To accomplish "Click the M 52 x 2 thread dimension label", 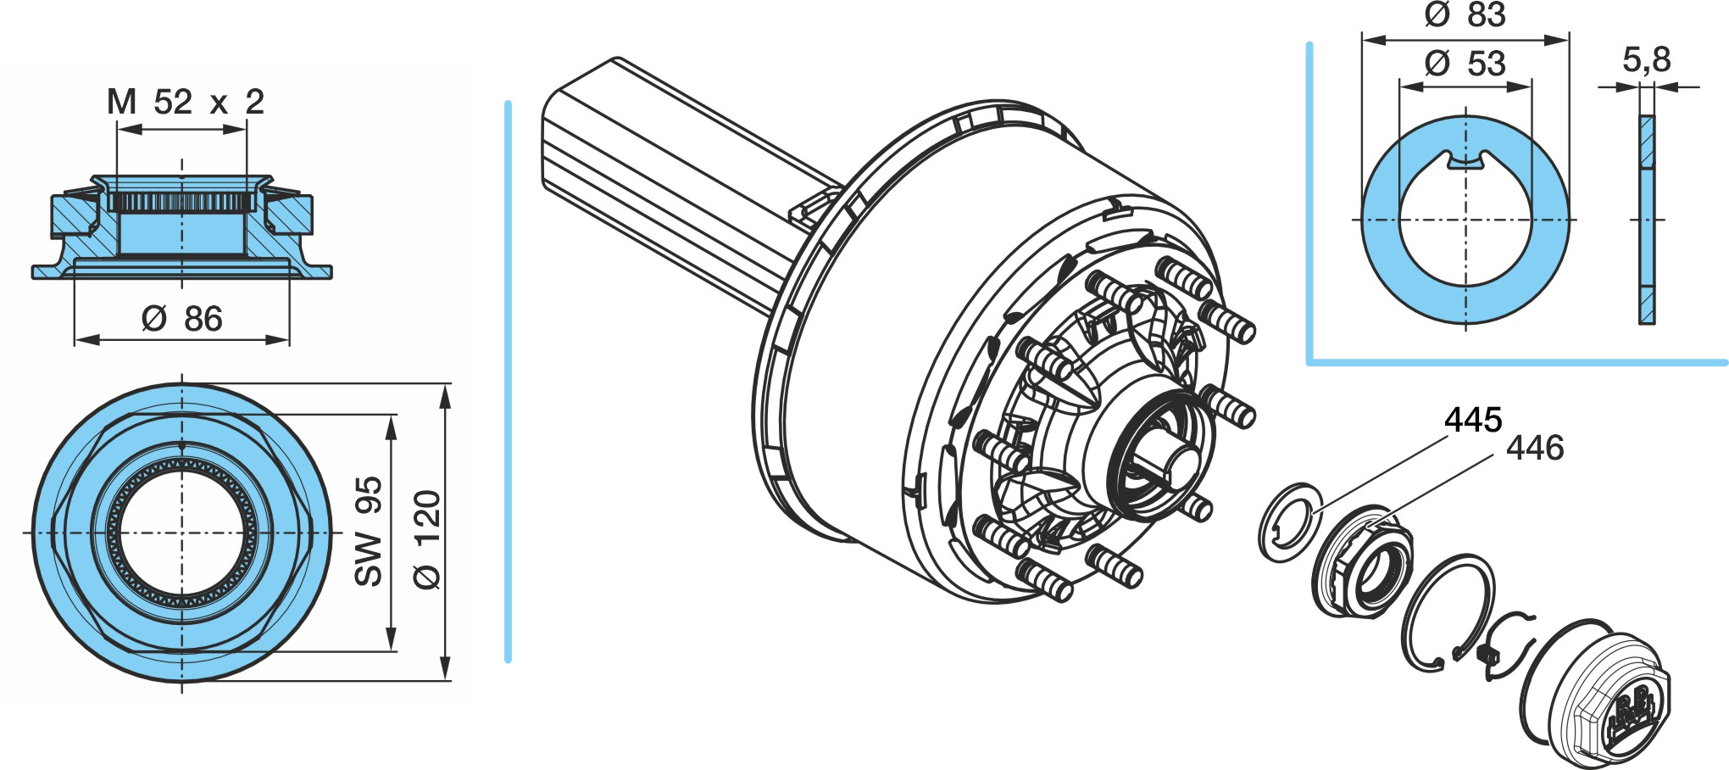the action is point(185,103).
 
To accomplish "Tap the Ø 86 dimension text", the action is point(182,319).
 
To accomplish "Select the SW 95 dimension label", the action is point(369,532).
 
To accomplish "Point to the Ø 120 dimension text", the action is point(427,538).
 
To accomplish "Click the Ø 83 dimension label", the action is point(1465,14).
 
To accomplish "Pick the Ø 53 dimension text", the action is point(1465,64).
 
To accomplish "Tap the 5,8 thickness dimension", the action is point(1646,59).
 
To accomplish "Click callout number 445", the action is point(1473,420).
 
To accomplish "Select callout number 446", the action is point(1535,448).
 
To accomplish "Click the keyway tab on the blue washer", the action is point(1465,159).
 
